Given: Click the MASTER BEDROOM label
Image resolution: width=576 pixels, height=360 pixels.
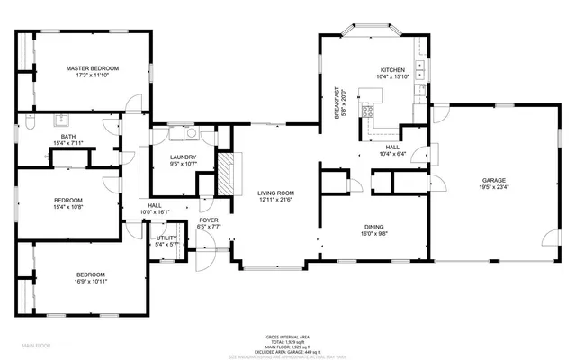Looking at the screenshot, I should (93, 68).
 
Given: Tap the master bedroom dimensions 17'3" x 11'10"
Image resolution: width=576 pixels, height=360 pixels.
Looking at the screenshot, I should (93, 76).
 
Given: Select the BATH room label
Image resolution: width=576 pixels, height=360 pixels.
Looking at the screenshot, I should (68, 136).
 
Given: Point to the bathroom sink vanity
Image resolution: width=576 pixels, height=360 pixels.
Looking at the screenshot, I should (63, 119).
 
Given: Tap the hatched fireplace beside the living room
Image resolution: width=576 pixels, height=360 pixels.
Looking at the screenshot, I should (229, 169).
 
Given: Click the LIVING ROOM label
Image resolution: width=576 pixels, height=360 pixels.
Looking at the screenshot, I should (275, 193).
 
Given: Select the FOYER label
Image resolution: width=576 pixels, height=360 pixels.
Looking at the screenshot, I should (209, 220).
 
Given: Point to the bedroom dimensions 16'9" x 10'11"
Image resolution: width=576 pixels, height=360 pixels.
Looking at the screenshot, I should (90, 282).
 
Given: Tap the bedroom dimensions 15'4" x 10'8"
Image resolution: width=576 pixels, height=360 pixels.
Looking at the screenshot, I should (68, 207).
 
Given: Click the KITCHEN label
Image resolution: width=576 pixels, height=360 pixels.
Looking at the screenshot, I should (393, 69).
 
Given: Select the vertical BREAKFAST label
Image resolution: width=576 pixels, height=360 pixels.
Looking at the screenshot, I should (337, 103).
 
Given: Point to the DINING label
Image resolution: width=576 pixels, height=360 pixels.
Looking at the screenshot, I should (374, 227).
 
